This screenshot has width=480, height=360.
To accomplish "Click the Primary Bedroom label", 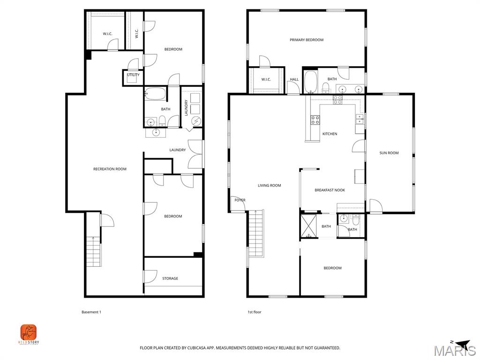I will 307,40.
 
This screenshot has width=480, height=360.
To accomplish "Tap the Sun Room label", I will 389,153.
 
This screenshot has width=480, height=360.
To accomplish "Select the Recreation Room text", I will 110,169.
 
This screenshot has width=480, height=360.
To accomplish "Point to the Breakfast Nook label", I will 330,190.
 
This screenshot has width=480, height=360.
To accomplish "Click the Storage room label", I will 170,278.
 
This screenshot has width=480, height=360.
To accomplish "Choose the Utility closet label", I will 133,75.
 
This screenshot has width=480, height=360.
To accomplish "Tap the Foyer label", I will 240,200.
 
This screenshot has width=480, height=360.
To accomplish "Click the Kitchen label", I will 330,134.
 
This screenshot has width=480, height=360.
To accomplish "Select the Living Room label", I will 270,185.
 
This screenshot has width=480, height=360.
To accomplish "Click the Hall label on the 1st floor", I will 294,80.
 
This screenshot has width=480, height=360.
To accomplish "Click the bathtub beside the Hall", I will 311,82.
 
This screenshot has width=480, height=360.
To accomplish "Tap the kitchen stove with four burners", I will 315,120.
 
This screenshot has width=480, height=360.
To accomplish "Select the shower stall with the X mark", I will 309,226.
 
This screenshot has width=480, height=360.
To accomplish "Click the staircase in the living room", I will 256,233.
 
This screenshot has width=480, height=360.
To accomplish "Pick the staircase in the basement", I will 94,251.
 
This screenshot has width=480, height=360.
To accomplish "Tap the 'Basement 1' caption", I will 91,312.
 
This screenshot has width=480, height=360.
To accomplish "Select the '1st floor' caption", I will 254,312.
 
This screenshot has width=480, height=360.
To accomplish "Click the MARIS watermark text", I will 454,351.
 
